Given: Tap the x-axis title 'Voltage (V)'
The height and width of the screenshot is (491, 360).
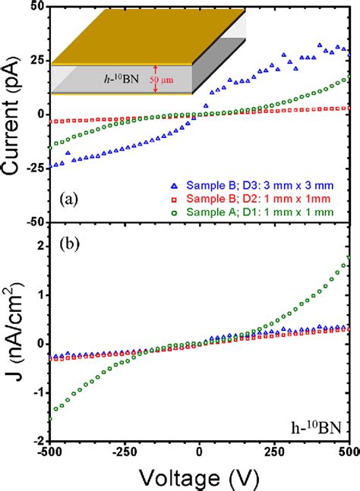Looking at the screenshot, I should tap(200, 476).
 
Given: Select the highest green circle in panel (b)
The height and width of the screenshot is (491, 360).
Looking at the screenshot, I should tap(348, 258).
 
